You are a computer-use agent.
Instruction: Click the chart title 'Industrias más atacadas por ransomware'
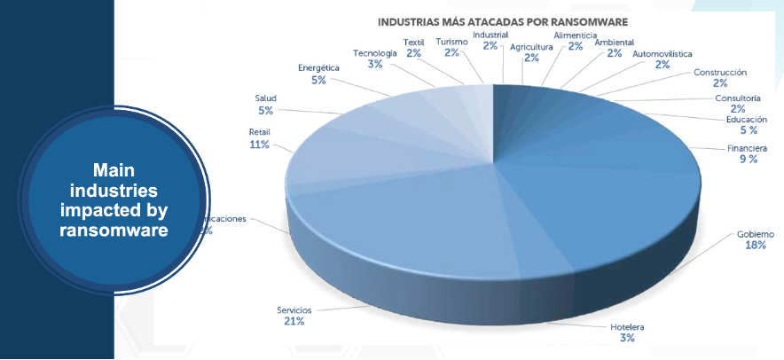503,20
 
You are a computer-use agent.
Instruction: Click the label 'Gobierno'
755,234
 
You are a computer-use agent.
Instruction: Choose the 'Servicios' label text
294,309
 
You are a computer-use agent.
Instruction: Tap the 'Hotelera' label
627,327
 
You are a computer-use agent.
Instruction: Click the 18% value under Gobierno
755,246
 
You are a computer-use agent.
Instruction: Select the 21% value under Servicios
294,321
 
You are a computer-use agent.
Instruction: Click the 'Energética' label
318,68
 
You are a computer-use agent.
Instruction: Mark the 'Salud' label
266,98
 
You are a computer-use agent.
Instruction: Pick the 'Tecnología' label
373,52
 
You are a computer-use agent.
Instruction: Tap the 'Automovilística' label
662,53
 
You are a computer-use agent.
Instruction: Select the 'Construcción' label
719,73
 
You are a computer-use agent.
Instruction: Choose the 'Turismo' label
452,41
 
